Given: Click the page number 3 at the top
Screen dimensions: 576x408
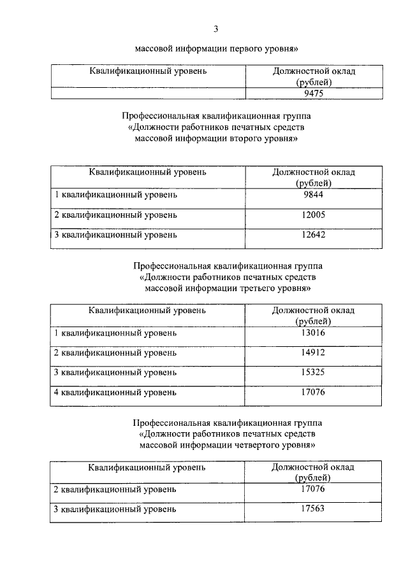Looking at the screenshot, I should pos(216,28).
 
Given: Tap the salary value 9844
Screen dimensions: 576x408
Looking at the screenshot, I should pos(313,195).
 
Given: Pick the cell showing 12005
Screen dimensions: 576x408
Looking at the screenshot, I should pos(313,214).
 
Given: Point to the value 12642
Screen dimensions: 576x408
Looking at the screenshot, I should pos(313,234).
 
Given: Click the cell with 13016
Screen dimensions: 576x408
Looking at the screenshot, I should pos(313,332).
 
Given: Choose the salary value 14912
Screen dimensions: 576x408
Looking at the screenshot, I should pos(313,352).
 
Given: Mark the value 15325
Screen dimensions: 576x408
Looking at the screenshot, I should pos(313,372).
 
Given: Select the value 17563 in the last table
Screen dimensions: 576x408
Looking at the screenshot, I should pos(313,509).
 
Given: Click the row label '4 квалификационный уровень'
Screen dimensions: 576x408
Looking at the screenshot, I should pos(115,392).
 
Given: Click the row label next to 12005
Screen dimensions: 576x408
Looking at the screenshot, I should pos(115,215).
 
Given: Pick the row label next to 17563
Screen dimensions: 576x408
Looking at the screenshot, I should pos(115,509).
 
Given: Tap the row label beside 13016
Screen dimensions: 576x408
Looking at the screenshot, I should pos(115,333).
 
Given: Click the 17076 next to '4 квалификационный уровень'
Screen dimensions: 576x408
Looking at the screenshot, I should pos(313,391).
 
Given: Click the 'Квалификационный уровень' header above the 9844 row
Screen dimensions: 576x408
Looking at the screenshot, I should pos(147,172).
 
